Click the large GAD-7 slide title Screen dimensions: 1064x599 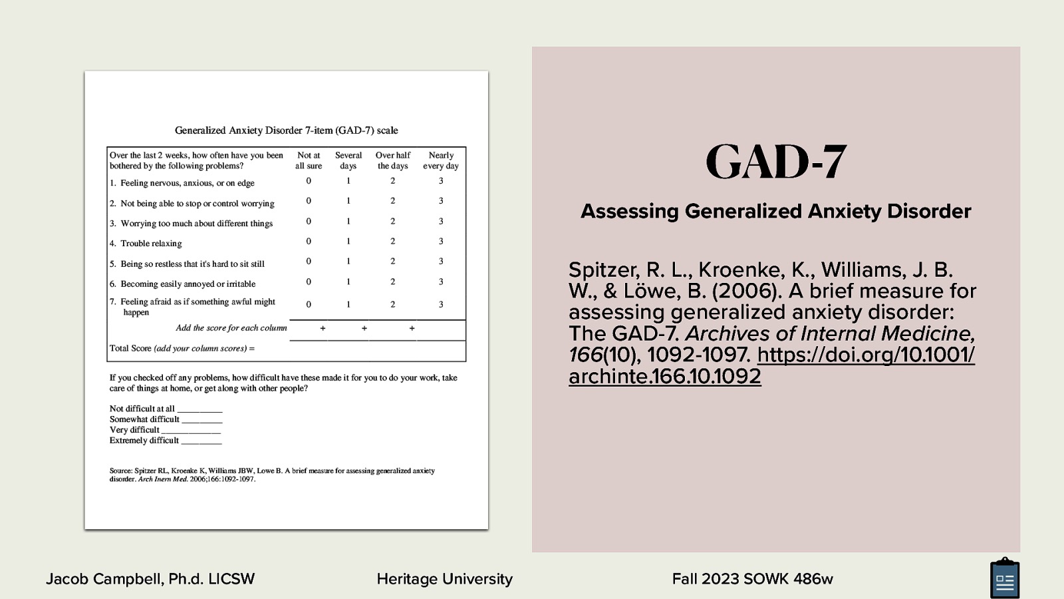point(775,162)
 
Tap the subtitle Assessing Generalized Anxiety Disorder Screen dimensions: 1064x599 point(775,211)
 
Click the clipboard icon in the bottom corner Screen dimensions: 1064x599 point(1004,578)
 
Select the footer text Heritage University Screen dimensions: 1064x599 point(444,579)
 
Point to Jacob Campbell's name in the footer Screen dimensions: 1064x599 point(150,579)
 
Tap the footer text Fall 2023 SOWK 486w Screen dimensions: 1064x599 point(752,579)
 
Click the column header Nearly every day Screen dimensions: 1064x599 point(441,160)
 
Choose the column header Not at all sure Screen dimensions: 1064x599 point(309,160)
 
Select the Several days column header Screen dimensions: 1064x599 point(348,160)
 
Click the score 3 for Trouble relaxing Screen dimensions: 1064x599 point(441,242)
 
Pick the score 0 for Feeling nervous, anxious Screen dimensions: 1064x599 point(309,181)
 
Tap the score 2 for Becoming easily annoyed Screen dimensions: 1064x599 point(392,282)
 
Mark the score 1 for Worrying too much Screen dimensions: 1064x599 point(348,222)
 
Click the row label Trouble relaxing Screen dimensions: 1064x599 point(151,244)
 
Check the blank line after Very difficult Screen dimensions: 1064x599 point(191,431)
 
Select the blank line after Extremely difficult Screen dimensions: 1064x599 point(201,441)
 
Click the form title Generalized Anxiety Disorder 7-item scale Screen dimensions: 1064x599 point(286,130)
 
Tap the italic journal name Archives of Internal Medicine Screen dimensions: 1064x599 point(829,333)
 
